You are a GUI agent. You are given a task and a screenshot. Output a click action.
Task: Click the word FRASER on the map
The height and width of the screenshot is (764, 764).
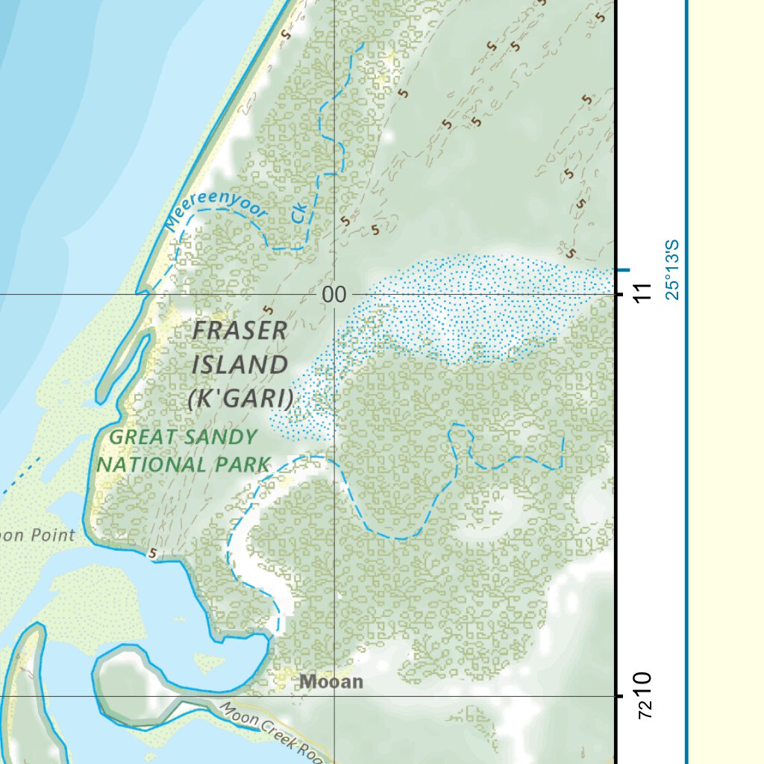click(239, 331)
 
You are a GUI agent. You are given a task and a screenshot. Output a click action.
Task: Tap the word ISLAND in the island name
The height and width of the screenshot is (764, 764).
click(239, 366)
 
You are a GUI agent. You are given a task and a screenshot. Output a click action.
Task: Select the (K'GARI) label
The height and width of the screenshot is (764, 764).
click(239, 399)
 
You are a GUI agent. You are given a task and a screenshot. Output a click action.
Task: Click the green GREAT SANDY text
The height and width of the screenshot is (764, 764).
click(184, 438)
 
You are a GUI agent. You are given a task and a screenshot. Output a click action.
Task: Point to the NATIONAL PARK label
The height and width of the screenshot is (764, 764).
click(184, 464)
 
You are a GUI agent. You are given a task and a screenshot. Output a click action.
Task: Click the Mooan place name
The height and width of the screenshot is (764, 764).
click(331, 681)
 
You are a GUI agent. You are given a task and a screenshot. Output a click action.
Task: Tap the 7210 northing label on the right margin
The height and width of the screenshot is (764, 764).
click(643, 695)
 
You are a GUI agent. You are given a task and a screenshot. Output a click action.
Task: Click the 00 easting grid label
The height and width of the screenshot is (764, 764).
click(334, 295)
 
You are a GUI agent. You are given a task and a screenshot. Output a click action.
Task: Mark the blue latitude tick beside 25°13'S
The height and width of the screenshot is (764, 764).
click(622, 269)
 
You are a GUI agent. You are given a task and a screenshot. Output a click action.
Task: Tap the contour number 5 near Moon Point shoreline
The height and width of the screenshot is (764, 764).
click(153, 554)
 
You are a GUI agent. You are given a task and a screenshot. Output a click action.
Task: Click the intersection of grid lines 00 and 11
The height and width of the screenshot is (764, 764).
click(334, 294)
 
